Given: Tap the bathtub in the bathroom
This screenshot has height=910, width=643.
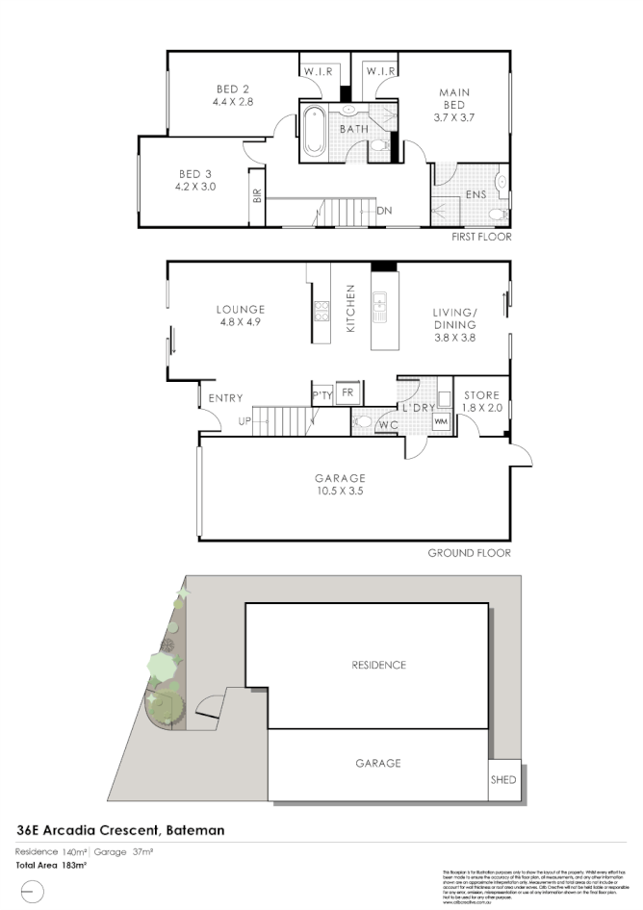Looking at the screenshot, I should click(x=315, y=133).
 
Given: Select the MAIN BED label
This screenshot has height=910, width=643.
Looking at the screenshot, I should click(x=454, y=97).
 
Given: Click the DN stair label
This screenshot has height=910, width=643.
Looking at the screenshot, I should click(x=384, y=211).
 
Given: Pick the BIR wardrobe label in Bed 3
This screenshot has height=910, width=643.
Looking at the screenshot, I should click(x=257, y=199).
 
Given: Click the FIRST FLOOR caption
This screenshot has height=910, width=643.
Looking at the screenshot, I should click(x=481, y=237).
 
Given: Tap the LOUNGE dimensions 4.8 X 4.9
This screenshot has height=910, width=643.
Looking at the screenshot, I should click(x=240, y=322).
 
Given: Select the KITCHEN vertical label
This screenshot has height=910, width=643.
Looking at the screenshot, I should click(x=351, y=309).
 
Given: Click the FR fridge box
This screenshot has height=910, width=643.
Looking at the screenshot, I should click(x=347, y=392).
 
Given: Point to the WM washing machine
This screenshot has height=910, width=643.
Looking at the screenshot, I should click(x=441, y=420).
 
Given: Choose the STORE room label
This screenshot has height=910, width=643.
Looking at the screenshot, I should click(x=482, y=395).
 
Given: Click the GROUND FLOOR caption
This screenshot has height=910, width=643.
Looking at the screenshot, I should click(x=469, y=553).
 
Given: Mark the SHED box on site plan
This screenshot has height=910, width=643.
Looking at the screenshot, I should click(x=503, y=780).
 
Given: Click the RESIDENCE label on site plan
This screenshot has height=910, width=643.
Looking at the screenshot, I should click(x=378, y=665).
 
